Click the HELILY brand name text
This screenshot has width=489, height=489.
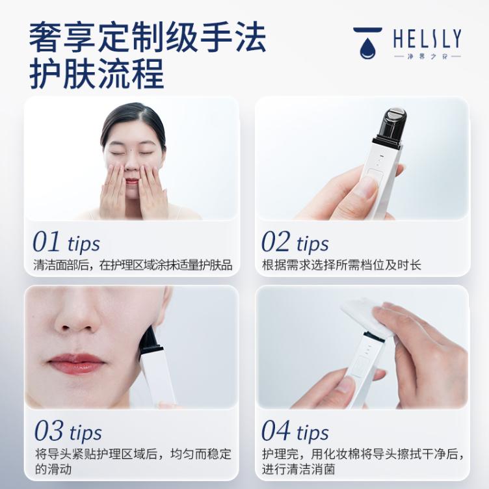pyautogui.click(x=427, y=39)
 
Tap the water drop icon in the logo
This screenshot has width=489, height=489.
pyautogui.click(x=367, y=48)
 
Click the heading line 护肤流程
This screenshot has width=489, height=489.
pyautogui.click(x=97, y=74)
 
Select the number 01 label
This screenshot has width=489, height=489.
pyautogui.click(x=46, y=241)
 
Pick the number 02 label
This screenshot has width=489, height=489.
pyautogui.click(x=276, y=241)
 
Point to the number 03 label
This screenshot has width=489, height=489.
pyautogui.click(x=49, y=430)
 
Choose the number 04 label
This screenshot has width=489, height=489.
pyautogui.click(x=276, y=430)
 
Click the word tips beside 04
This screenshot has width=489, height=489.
pyautogui.click(x=313, y=433)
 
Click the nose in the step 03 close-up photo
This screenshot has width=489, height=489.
pyautogui.click(x=75, y=318)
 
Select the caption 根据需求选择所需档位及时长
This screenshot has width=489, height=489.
pyautogui.click(x=341, y=265)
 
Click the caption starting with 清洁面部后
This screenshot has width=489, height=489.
pyautogui.click(x=133, y=265)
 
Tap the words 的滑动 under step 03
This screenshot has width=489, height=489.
pyautogui.click(x=53, y=469)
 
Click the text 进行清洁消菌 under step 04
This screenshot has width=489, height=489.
pyautogui.click(x=298, y=469)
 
